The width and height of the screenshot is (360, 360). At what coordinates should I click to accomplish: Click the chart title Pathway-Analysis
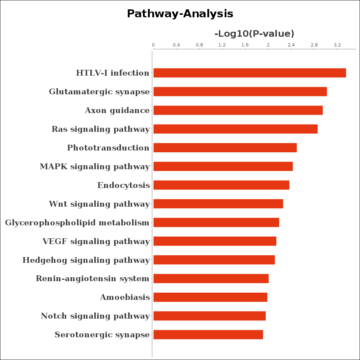(180, 14)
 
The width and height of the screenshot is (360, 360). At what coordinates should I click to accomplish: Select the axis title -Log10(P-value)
(254, 34)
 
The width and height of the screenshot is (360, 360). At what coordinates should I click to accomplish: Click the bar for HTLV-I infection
(249, 73)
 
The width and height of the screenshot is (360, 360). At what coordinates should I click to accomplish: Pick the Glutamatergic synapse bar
(240, 92)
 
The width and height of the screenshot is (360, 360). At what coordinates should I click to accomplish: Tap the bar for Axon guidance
(238, 111)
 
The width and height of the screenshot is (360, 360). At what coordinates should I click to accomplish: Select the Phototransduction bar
(225, 148)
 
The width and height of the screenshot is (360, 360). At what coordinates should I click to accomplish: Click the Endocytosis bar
(221, 185)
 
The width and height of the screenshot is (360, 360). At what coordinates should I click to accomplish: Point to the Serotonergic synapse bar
(208, 335)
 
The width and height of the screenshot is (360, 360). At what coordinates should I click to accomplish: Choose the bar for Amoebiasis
(210, 297)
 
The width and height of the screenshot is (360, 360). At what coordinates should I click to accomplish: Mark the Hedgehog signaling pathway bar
(214, 260)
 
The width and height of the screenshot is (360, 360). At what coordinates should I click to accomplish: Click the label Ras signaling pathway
(101, 129)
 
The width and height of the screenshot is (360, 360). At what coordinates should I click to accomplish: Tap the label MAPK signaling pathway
(95, 167)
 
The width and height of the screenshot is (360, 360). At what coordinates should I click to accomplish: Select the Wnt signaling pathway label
(99, 204)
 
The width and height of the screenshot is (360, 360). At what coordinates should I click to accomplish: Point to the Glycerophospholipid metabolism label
(77, 223)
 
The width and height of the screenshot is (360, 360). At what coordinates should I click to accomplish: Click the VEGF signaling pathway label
(96, 242)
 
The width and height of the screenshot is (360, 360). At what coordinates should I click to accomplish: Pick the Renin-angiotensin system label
(93, 279)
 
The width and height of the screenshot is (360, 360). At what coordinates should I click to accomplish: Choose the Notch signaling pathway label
(95, 316)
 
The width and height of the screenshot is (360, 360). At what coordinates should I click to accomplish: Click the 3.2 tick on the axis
(337, 45)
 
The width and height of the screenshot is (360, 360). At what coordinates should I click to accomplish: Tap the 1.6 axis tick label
(245, 45)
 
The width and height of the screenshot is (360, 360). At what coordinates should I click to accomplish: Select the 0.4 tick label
(176, 45)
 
